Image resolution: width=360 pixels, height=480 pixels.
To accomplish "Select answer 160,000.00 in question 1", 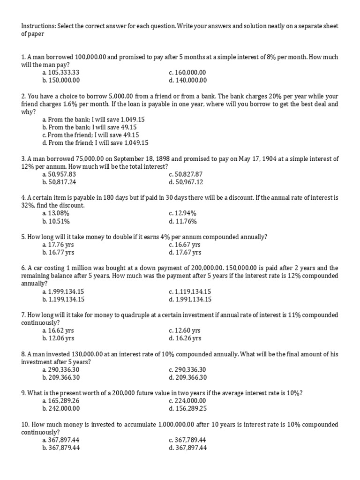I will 190,73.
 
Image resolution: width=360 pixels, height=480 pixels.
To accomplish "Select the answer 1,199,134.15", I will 66,299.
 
